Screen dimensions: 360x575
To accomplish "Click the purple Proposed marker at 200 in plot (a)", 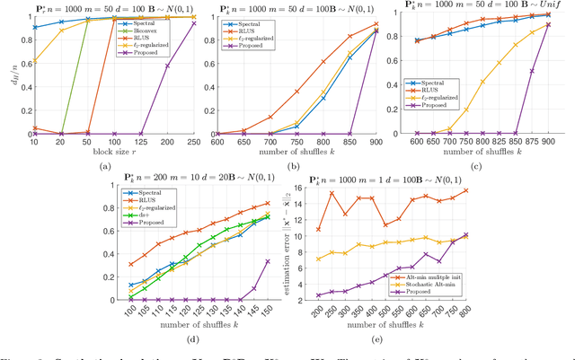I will point(165,64).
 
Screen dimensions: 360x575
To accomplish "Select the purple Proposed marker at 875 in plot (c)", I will point(532,71).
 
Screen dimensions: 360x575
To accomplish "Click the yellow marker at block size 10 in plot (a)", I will point(34,61).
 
